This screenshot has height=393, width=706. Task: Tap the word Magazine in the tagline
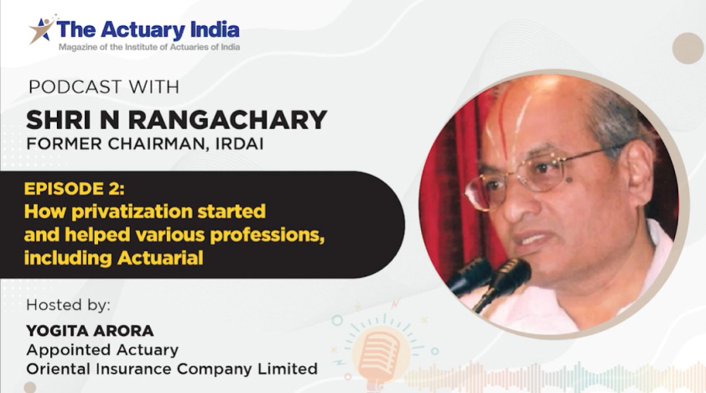click(81, 47)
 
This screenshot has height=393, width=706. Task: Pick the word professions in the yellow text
click(261, 234)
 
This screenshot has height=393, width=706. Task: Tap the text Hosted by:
click(68, 302)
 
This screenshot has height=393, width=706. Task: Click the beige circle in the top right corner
click(688, 48)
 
